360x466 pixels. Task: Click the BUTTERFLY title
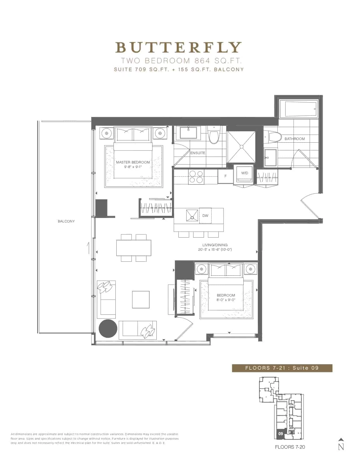(x=178, y=47)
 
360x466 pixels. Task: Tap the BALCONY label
(x=66, y=221)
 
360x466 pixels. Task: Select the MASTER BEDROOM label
(x=133, y=162)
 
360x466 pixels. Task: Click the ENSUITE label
(x=198, y=153)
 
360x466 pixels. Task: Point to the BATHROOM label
(x=294, y=139)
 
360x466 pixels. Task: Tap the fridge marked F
(x=226, y=176)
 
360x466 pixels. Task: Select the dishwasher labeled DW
(x=205, y=215)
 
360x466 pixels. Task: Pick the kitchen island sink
(x=192, y=215)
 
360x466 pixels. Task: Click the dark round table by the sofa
(x=108, y=328)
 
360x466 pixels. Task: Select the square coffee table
(x=141, y=299)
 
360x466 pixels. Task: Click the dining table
(x=134, y=248)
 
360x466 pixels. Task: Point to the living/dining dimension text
(x=215, y=249)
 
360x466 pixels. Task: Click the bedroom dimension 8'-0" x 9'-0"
(x=226, y=300)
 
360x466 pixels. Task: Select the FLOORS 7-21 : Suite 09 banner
(x=282, y=368)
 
